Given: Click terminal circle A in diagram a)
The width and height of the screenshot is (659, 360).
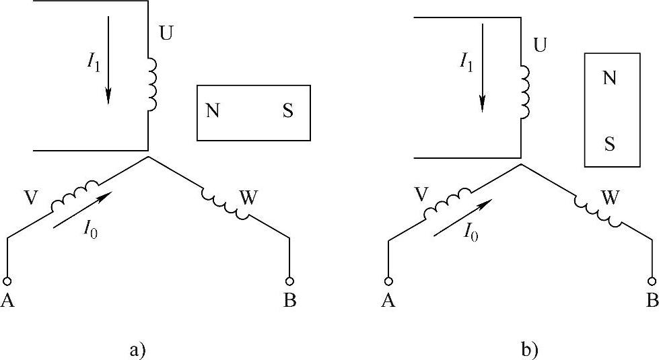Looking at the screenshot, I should tap(7, 281).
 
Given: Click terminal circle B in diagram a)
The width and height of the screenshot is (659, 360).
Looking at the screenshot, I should tap(290, 281).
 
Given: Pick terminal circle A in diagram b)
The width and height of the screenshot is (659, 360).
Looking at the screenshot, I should tap(388, 281).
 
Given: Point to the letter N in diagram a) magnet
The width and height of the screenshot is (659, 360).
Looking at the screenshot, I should tap(212, 111).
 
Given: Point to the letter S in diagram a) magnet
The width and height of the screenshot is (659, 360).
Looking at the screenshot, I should tap(287, 111).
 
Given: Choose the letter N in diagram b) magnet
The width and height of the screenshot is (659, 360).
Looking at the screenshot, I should tap(609, 78).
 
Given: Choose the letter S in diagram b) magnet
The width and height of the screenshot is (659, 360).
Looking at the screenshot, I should tap(609, 143).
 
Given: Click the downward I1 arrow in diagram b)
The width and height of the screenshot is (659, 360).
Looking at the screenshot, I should tap(482, 74).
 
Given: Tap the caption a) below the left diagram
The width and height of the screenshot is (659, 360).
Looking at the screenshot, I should tap(137, 349).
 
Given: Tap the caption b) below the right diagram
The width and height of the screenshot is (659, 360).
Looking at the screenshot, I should tap(530, 349).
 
